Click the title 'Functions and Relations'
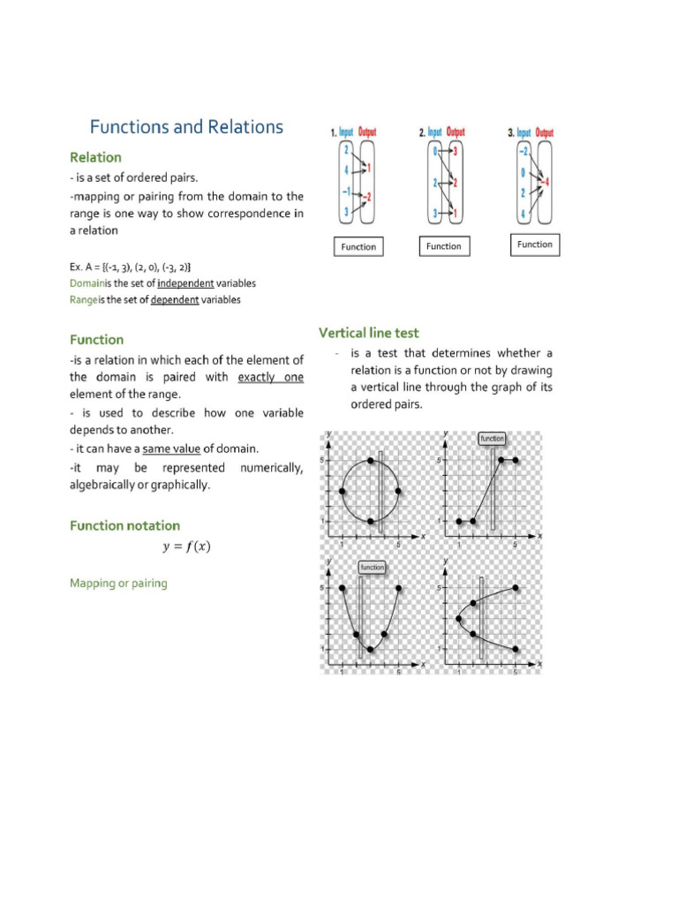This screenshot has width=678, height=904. coord(186,127)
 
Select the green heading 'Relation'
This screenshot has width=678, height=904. coord(95,157)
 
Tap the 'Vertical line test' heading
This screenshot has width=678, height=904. coord(368,333)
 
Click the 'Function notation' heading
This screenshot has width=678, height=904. coord(124,525)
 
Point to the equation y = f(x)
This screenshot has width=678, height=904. coord(186,546)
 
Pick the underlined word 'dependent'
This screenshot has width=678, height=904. coord(175,299)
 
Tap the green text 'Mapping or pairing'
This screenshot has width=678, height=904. coord(118,584)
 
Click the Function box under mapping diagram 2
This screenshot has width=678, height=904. coord(443,246)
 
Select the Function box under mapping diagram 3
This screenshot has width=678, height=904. coord(535,245)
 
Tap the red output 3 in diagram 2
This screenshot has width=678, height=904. coord(456,151)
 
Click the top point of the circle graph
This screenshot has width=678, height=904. coord(371,461)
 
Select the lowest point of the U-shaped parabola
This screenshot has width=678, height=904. coord(371,650)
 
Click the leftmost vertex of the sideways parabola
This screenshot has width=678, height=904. coord(458,618)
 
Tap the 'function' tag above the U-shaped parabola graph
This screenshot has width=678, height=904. coord(372,568)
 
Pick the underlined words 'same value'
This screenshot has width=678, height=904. coord(170,448)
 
